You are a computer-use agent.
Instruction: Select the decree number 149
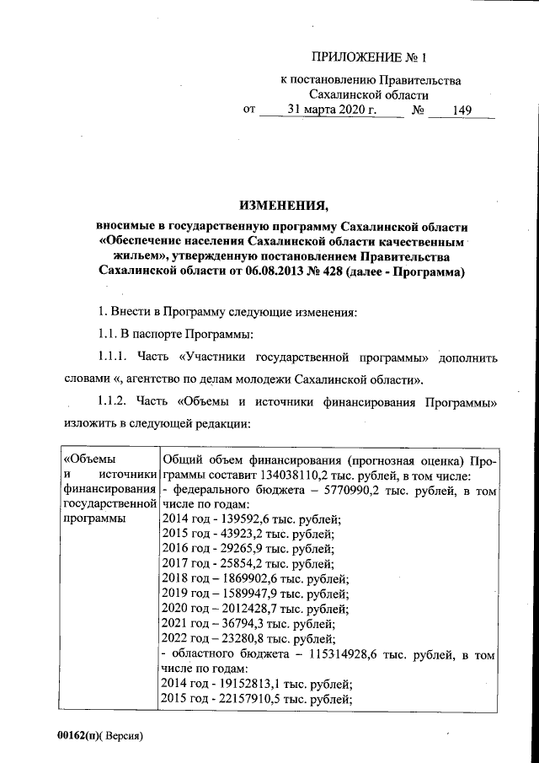tap(462, 110)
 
